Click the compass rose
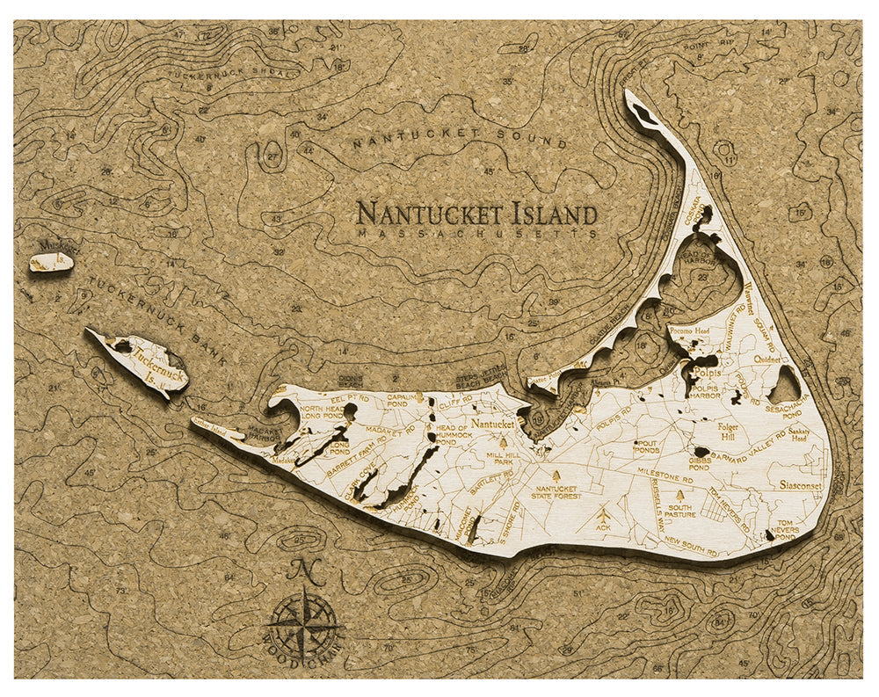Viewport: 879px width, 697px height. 303,626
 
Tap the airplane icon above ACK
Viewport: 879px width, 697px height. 603,512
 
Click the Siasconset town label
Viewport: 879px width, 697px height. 800,484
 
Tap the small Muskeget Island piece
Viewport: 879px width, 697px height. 51,262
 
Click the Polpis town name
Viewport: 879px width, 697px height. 705,373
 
